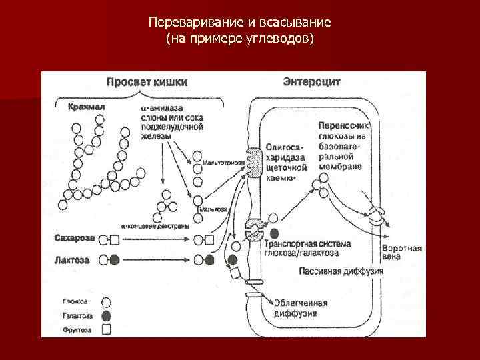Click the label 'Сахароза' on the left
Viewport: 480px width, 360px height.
pos(74,237)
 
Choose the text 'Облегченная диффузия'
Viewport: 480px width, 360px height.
pos(303,308)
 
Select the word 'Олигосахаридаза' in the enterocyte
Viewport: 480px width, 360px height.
pos(285,150)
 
